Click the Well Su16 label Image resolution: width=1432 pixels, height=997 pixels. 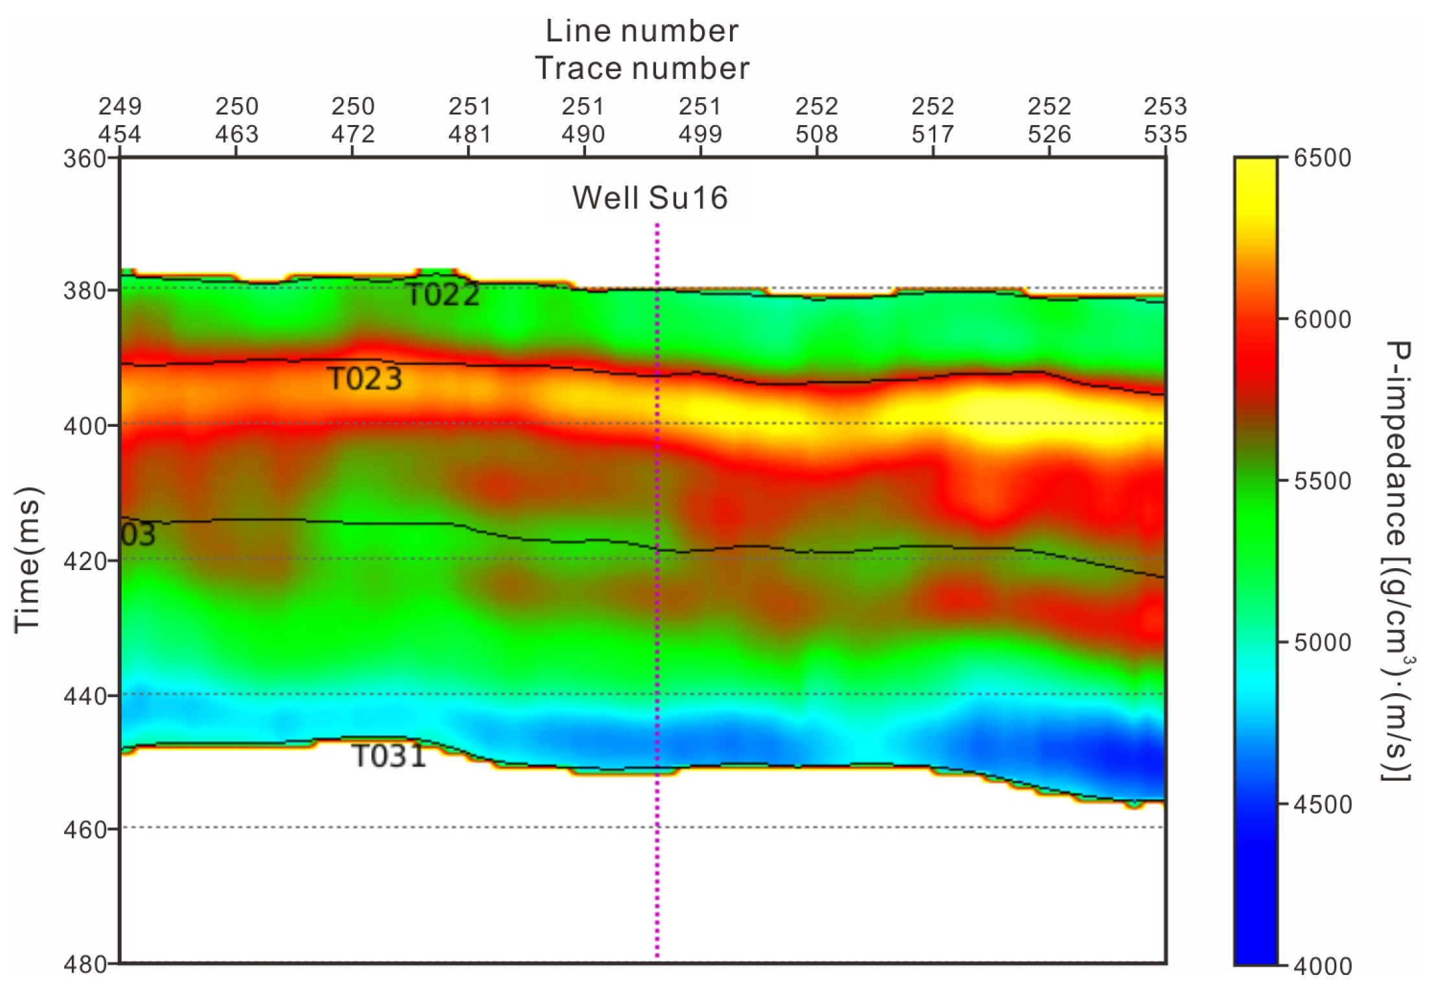click(650, 198)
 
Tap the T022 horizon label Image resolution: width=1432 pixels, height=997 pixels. click(443, 295)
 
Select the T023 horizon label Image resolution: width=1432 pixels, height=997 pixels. click(365, 378)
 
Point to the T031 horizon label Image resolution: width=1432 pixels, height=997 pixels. click(389, 755)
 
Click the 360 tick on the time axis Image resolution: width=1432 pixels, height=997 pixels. click(85, 159)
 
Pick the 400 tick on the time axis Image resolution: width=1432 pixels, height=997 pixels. click(85, 426)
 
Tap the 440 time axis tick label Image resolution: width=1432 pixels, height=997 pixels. click(85, 696)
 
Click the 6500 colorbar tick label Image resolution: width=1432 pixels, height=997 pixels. click(1323, 158)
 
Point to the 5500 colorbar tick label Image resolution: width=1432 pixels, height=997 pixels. click(1323, 481)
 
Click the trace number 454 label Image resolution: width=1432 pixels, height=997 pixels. click(120, 134)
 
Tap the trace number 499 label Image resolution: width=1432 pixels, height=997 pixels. click(700, 134)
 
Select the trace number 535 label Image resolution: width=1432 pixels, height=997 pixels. click(1165, 134)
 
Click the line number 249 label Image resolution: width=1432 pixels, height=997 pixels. click(120, 106)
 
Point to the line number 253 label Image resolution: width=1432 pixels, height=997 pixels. click(1165, 106)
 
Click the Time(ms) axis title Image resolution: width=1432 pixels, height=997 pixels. click(28, 559)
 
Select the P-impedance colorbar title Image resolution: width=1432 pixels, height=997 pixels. click(1398, 561)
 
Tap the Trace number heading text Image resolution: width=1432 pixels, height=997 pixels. click(642, 68)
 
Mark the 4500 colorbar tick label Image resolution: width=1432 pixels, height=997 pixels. click(1323, 805)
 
